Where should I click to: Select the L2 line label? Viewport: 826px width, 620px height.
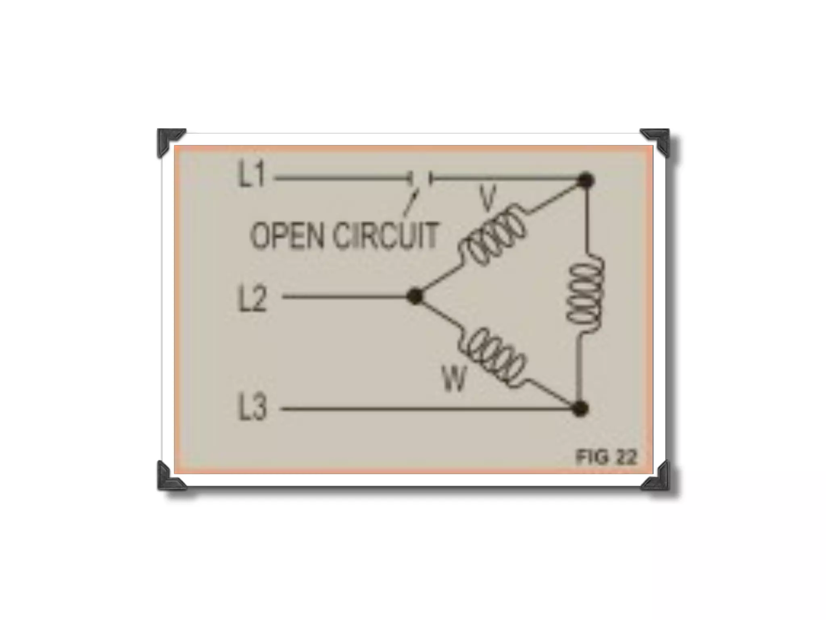253,299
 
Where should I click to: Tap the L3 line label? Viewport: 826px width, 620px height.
253,408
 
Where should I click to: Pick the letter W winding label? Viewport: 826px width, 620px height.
454,379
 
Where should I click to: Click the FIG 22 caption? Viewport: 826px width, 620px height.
606,457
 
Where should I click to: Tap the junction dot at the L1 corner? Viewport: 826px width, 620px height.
585,180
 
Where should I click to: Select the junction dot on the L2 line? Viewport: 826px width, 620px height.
415,297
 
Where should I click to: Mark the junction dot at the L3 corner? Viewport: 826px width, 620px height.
580,408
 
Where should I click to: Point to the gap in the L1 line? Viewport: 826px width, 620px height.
421,178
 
